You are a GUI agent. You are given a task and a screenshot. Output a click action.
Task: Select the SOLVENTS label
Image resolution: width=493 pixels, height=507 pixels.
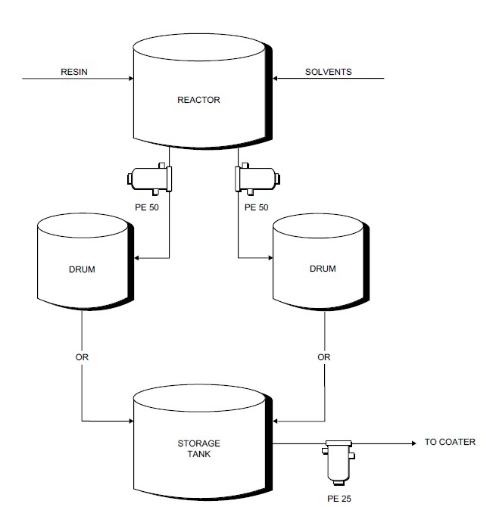tap(328, 73)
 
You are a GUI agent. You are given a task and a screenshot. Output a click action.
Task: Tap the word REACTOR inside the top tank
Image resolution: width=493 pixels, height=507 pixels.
tap(198, 100)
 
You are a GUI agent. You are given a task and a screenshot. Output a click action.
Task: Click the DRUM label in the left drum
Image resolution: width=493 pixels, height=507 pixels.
tap(82, 269)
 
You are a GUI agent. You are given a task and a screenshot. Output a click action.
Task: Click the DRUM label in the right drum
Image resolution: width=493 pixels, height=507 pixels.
tap(323, 269)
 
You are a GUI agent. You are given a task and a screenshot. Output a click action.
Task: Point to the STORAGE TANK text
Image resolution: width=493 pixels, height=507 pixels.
tap(199, 449)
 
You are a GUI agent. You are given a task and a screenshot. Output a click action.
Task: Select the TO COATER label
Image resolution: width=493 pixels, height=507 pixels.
tap(450, 442)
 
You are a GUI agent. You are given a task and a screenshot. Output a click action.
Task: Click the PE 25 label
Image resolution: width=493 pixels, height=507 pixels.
tap(339, 499)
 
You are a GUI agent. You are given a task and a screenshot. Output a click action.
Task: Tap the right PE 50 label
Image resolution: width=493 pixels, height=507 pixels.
tap(257, 207)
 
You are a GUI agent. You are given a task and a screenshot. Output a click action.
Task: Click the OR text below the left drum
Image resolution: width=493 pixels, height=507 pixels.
tap(82, 357)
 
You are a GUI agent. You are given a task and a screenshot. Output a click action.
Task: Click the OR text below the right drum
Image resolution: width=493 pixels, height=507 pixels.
tap(324, 357)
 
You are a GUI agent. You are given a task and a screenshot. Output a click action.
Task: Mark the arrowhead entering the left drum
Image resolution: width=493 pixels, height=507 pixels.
tap(136, 259)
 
